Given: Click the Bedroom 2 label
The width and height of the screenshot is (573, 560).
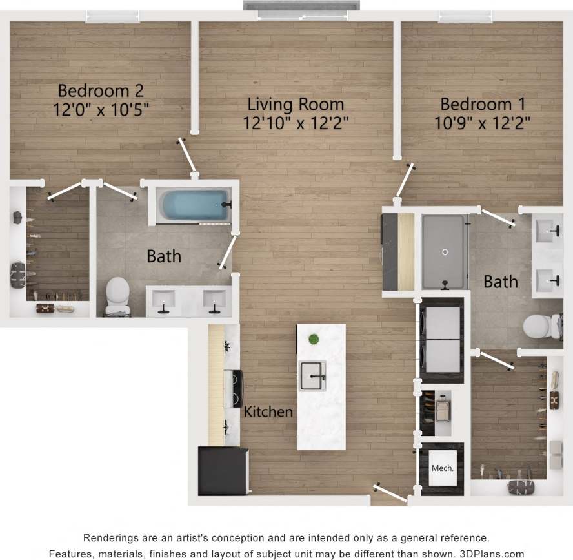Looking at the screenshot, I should pos(101,90).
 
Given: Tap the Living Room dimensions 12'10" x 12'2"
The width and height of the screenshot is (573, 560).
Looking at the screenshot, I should pos(296,123).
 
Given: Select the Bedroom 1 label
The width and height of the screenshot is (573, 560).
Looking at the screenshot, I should pos(483,103).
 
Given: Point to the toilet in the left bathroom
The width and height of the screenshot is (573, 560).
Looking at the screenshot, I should pos(117,296).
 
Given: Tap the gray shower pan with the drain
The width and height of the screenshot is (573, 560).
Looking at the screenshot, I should pos(443,252).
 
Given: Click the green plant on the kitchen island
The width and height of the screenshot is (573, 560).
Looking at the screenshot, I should pos(314,340).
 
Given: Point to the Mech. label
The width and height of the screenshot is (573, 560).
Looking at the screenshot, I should pos(442,468).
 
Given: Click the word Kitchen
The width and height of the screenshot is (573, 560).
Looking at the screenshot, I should pos(268,411).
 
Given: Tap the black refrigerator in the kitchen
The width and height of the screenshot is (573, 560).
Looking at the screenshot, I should pos(223,471).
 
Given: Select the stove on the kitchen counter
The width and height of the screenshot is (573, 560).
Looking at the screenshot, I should pos(233,388).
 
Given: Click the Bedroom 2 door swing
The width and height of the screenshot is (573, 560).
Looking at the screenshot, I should pos(188,156).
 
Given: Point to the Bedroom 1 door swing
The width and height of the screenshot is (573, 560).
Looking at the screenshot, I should pos(405,181).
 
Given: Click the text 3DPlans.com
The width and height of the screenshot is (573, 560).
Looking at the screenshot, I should pos(492,554).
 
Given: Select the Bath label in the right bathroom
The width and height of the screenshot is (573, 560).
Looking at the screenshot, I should pos(501,281).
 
